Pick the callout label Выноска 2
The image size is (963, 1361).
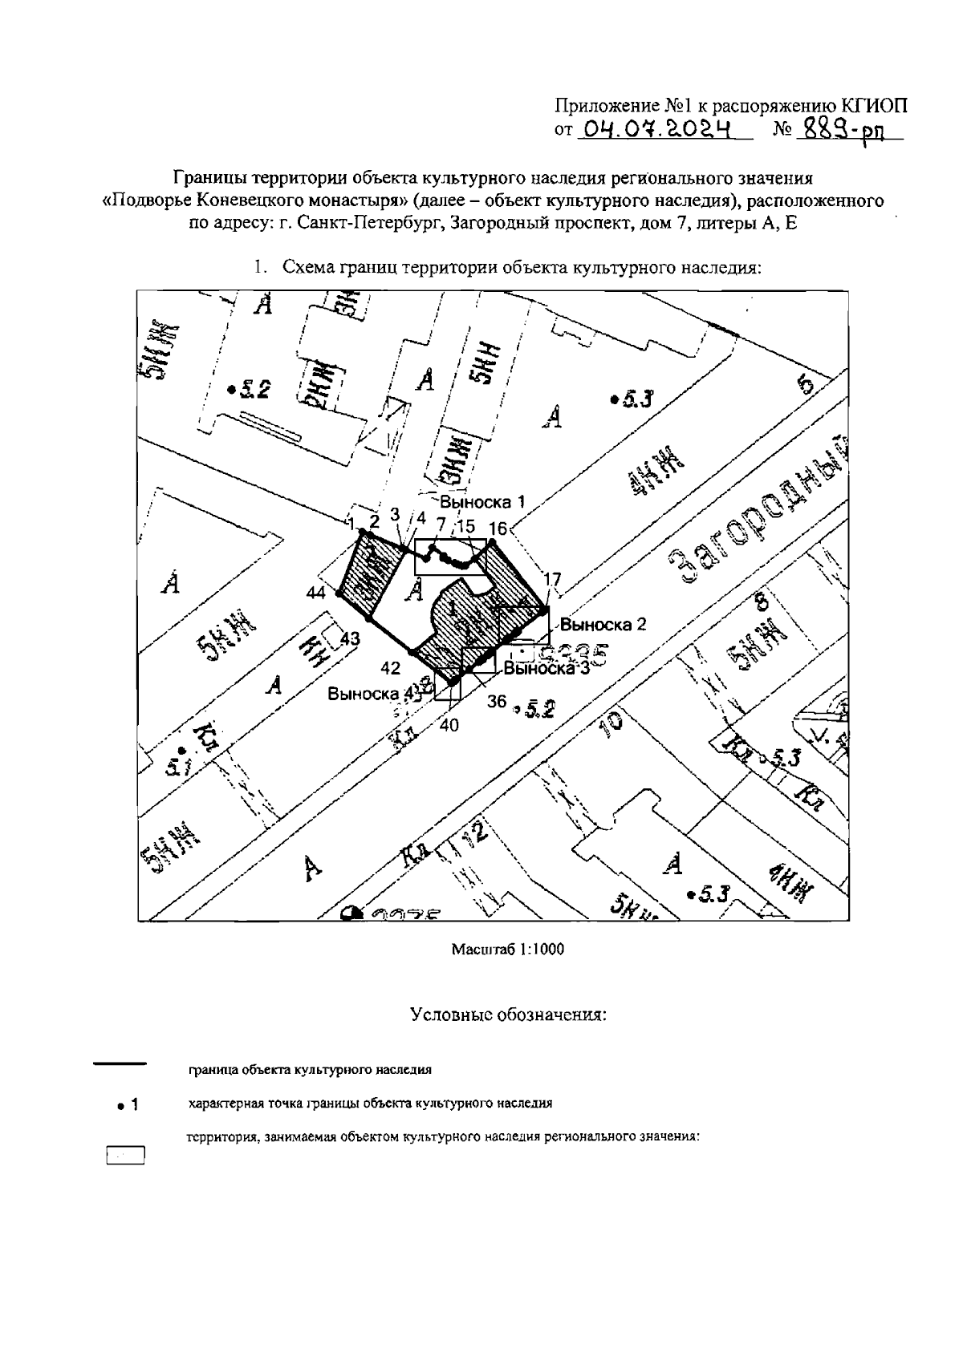pos(603,623)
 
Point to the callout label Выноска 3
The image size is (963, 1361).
pos(546,668)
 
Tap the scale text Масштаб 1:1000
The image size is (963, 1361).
pos(508,950)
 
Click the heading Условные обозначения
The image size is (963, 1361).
pos(508,1015)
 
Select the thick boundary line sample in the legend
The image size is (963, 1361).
pos(120,1064)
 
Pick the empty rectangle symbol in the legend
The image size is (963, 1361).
pos(125,1155)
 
